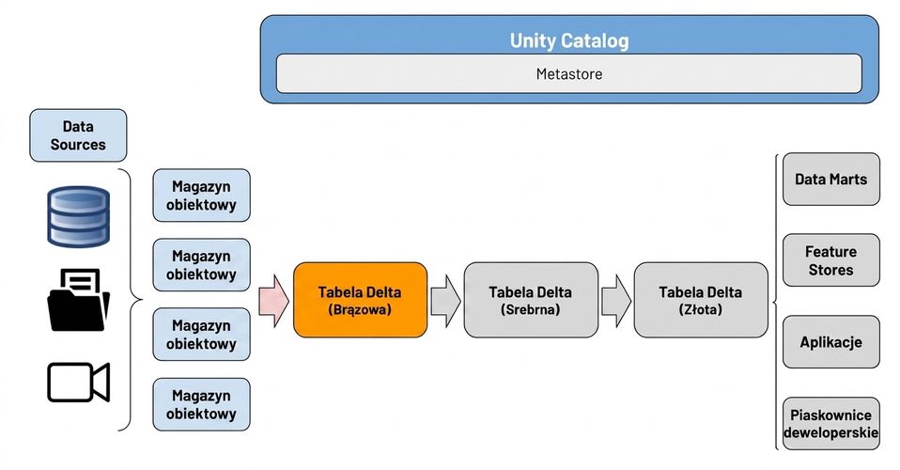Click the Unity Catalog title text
(x=568, y=40)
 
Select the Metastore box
(x=568, y=73)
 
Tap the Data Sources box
(x=78, y=135)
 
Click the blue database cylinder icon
(x=78, y=216)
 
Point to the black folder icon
(x=78, y=300)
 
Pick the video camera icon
(x=78, y=382)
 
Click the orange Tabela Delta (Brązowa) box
(x=360, y=300)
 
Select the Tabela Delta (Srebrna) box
(x=531, y=300)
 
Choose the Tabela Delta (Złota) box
(x=701, y=300)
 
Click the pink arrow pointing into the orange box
(x=273, y=301)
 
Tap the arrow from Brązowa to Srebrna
(x=445, y=301)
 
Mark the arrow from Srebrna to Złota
(x=616, y=301)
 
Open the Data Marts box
(x=831, y=180)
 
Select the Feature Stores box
(x=831, y=260)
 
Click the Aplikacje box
(x=831, y=342)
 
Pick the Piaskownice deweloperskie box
(x=831, y=423)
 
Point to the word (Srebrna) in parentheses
(x=531, y=309)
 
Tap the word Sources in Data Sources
(x=78, y=145)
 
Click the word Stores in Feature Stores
(x=831, y=270)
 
